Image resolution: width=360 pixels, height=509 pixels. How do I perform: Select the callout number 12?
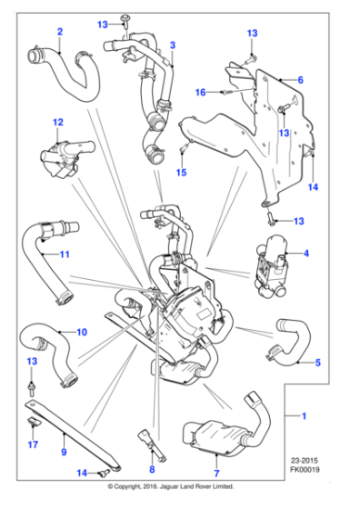tap(57, 121)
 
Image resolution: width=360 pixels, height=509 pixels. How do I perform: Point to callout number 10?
tap(82, 332)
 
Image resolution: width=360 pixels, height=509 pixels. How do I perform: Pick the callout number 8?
tap(152, 471)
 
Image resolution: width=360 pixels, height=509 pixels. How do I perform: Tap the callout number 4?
tap(306, 253)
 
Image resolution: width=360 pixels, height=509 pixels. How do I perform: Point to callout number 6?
tap(299, 80)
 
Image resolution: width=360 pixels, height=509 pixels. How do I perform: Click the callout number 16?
tap(201, 91)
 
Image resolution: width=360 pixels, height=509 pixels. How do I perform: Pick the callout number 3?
tap(172, 44)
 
